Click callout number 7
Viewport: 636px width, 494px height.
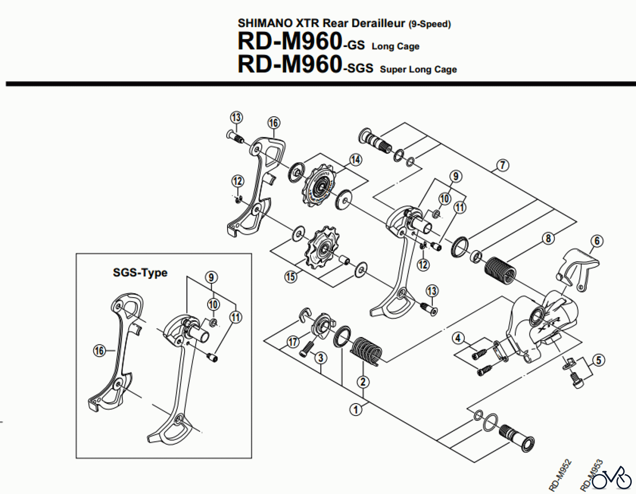tap(502, 165)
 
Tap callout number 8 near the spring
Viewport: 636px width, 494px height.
tap(548, 239)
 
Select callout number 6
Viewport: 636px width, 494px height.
tap(597, 241)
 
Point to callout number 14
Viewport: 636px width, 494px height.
tap(356, 160)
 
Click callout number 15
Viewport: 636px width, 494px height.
tap(290, 276)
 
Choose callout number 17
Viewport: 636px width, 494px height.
tap(293, 342)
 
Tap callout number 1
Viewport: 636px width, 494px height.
tap(356, 410)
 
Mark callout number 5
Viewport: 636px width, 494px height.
tap(599, 360)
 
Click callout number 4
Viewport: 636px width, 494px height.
tap(458, 338)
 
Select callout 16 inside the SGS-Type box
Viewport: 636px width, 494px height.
tap(99, 351)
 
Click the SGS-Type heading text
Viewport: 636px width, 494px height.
tap(140, 272)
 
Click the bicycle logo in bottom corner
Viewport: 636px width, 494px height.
tap(612, 478)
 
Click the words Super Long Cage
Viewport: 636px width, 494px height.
tap(418, 69)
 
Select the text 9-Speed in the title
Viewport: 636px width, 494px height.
tap(430, 24)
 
